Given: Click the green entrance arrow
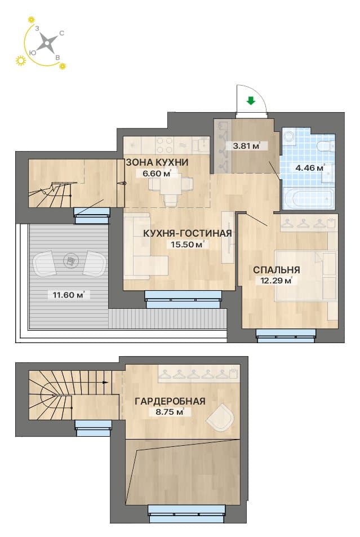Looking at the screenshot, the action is pos(251,100).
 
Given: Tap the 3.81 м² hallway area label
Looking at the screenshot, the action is pos(246,145).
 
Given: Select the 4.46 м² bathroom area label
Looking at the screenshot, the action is pos(310,168).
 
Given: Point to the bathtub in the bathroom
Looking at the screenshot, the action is pos(308,198).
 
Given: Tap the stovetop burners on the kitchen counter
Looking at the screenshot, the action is pos(165,145).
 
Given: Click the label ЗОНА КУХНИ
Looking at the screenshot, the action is pos(157,162).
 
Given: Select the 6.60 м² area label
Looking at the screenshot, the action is pos(157,174).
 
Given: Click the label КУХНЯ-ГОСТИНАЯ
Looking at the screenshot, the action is pos(188,233).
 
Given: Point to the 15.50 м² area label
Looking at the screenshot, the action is pos(188,245).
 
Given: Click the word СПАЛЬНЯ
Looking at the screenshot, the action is pos(277,270).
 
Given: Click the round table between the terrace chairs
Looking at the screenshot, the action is pos(70,261).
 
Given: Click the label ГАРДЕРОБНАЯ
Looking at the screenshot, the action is pos(170,401).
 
